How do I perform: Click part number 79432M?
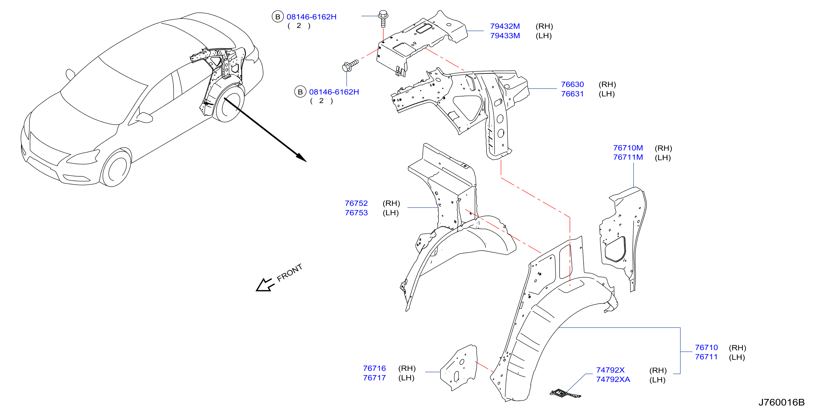pyautogui.click(x=505, y=26)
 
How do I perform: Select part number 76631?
pyautogui.click(x=572, y=94)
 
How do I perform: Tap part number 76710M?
pyautogui.click(x=628, y=148)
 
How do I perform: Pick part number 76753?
pyautogui.click(x=356, y=213)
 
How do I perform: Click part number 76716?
pyautogui.click(x=374, y=369)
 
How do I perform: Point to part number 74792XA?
pyautogui.click(x=613, y=380)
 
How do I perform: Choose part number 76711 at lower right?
pyautogui.click(x=706, y=357)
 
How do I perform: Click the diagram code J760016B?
pyautogui.click(x=782, y=402)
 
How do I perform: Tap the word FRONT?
pyautogui.click(x=289, y=273)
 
